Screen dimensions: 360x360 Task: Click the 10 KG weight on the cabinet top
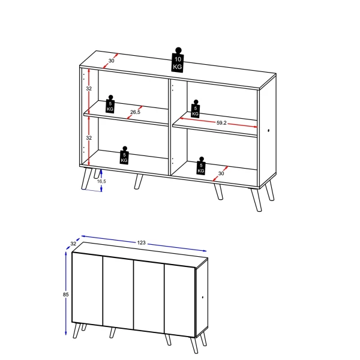coord(178,61)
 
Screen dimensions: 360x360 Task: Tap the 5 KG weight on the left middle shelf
coord(110,104)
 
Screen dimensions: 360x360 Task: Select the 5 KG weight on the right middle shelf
coord(196,109)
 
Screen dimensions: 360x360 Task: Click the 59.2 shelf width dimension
coord(221,122)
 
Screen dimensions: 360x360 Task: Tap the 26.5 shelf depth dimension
coord(135,112)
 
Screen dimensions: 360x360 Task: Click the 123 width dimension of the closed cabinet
coord(142,242)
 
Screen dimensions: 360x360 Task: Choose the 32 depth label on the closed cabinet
coord(73,244)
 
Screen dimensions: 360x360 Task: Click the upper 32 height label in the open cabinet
coord(88,88)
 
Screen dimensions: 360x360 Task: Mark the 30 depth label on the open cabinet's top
coord(112,60)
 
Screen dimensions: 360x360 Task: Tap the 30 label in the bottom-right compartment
coord(221,173)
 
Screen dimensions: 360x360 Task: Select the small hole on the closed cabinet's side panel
coord(204,297)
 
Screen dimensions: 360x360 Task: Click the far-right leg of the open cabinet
coord(270,192)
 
